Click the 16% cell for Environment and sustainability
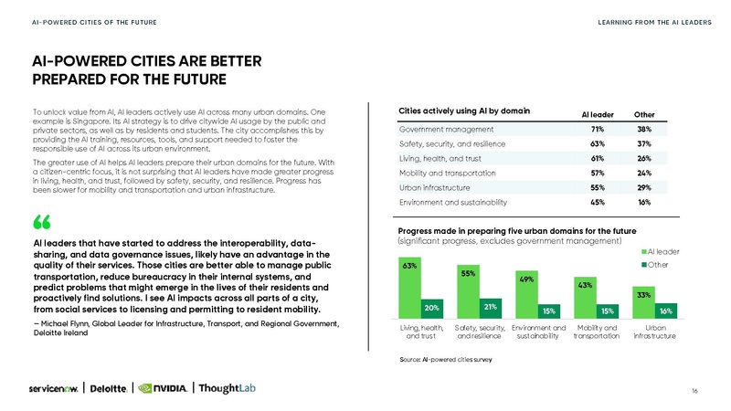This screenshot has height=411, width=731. pyautogui.click(x=643, y=202)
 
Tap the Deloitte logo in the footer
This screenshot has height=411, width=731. pyautogui.click(x=113, y=386)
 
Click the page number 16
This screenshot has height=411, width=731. pyautogui.click(x=695, y=390)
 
